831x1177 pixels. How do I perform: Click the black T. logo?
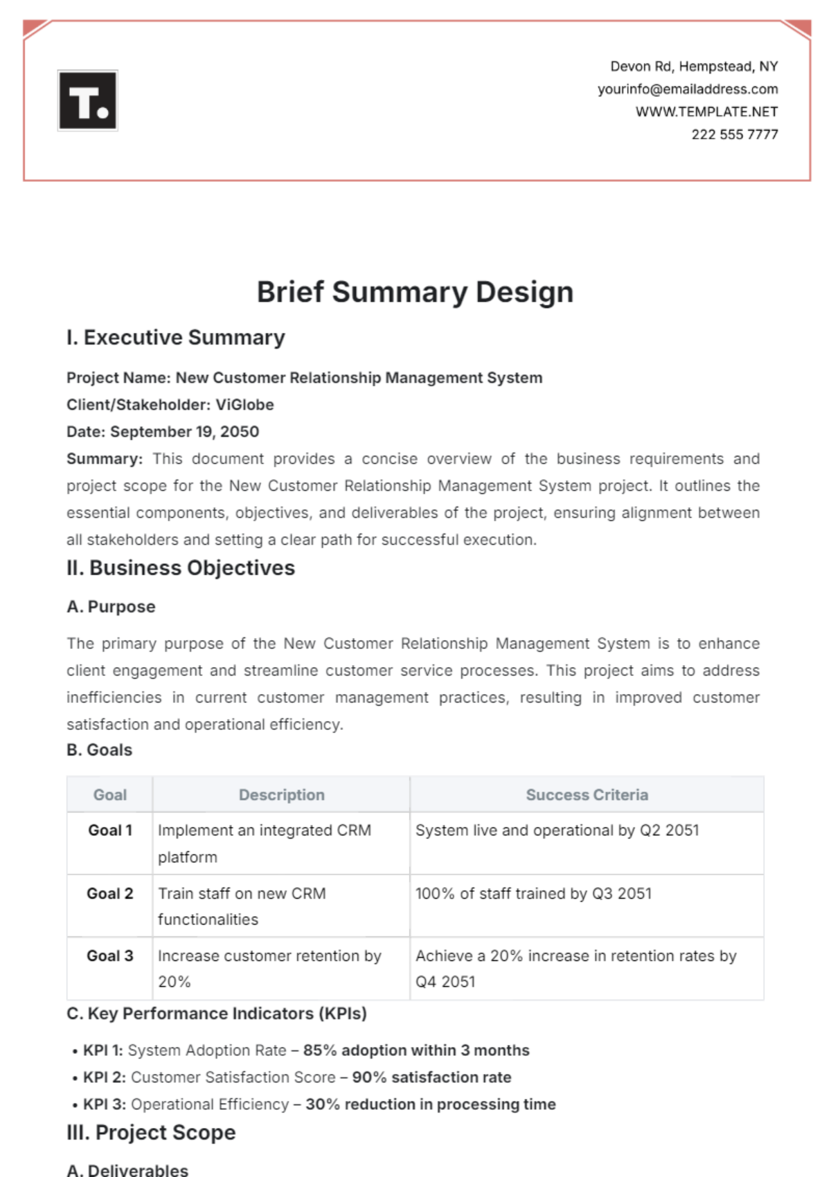(88, 100)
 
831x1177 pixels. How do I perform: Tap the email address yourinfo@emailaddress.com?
(687, 89)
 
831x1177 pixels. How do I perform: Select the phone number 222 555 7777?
(734, 134)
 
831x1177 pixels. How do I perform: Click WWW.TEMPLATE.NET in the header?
(706, 111)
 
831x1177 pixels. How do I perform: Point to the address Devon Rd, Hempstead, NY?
(693, 66)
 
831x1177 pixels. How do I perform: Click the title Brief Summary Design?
(415, 292)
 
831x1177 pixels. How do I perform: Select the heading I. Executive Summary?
(176, 338)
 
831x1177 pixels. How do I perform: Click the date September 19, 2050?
(184, 432)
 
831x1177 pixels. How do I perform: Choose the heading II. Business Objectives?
(181, 568)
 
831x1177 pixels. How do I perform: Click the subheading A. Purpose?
(111, 607)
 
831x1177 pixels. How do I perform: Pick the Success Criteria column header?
(587, 795)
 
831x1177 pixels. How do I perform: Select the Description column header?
(281, 795)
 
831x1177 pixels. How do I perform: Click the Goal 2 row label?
(109, 893)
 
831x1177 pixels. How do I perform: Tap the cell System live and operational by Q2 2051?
(557, 830)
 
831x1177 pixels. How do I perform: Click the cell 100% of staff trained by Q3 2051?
(533, 893)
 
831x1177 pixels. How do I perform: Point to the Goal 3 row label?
(109, 956)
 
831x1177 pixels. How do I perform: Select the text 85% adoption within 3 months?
(416, 1050)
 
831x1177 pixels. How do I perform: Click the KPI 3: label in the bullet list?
(105, 1104)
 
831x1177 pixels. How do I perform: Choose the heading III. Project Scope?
(151, 1133)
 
